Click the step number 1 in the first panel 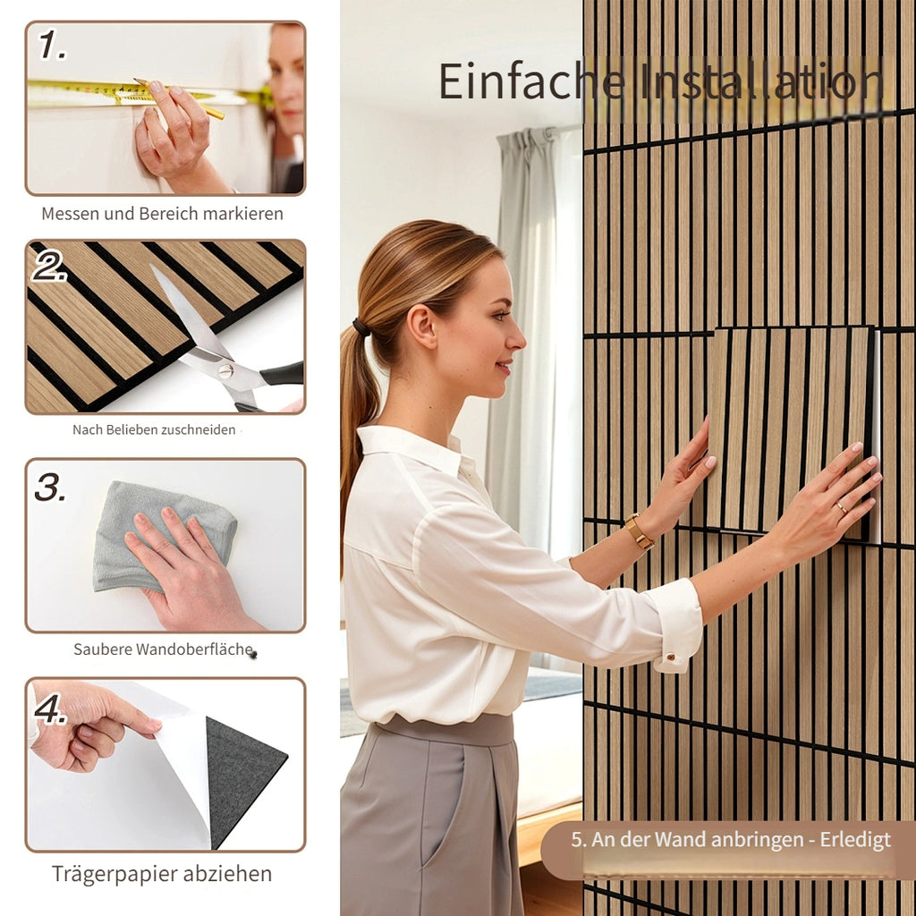pos(51,45)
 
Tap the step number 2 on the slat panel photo pos(48,266)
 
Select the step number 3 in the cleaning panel pos(50,487)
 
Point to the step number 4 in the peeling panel pos(50,708)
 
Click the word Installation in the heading pos(760,81)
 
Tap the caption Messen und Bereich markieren pos(163,214)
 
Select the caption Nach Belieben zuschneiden pos(154,430)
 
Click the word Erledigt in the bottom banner pos(855,840)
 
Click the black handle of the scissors pos(282,373)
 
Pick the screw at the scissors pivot pos(226,369)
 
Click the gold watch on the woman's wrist pos(639,531)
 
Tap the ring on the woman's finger pos(842,508)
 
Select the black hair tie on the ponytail pos(361,327)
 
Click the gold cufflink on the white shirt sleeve pos(671,657)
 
